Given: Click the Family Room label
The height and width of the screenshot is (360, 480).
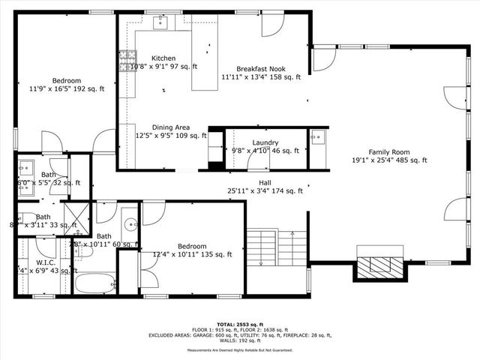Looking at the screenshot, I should (x=389, y=151).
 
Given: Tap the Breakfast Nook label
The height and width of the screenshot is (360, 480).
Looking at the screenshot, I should (x=260, y=67).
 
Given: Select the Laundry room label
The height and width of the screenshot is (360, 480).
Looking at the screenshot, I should (x=265, y=142).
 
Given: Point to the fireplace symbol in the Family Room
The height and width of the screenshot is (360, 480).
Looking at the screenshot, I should (x=382, y=265).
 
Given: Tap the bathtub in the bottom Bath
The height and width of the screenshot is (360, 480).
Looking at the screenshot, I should (x=96, y=283).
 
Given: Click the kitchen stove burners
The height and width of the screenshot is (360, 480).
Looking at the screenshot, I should (x=126, y=59).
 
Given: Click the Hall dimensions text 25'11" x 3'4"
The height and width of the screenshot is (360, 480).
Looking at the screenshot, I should (x=265, y=190).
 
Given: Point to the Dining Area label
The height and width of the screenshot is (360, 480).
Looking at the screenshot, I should (x=170, y=127).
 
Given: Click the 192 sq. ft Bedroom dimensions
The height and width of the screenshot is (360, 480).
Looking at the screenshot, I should (x=67, y=88).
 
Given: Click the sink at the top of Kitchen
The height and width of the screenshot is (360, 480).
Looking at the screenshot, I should (x=161, y=23).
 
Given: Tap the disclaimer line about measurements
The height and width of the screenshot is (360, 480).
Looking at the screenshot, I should (x=239, y=349).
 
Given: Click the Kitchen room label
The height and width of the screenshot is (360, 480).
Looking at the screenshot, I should (x=163, y=58).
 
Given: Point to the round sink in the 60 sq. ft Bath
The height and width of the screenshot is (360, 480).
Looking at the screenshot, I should (x=130, y=223).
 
